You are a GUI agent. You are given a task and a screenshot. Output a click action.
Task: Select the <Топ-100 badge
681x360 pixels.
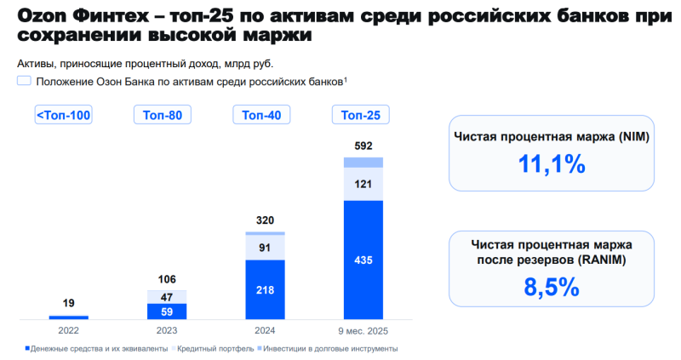coord(63,116)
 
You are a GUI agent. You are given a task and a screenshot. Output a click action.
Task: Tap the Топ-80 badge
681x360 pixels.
coord(162,116)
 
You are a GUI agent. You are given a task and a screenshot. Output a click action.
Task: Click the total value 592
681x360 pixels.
coord(363,146)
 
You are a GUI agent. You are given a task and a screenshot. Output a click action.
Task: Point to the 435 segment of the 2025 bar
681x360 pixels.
coord(363,260)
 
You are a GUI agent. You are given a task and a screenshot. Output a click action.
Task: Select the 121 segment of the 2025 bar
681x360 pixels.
coord(363,185)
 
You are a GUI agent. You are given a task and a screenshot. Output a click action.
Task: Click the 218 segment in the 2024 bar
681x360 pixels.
coord(264,289)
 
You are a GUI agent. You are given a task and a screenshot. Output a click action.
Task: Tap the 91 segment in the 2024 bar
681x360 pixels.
coord(264,248)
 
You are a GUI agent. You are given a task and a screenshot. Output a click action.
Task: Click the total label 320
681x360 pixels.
coord(264,220)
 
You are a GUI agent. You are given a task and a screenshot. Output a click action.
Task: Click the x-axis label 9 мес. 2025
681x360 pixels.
coord(363,329)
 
